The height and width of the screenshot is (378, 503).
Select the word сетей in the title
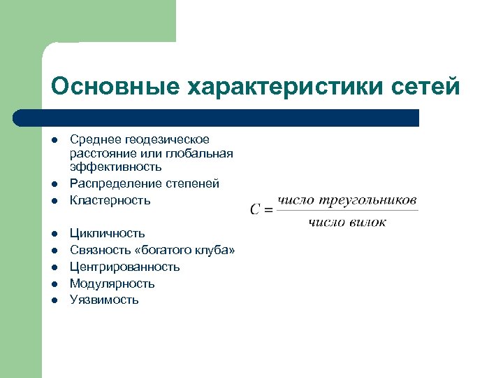click(x=425, y=87)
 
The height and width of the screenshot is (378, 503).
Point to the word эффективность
click(x=116, y=167)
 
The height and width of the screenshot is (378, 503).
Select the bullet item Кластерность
click(x=110, y=200)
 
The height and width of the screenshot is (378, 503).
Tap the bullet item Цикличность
click(x=107, y=233)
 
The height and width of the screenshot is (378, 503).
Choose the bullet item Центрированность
click(x=124, y=267)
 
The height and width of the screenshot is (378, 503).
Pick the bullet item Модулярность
click(x=112, y=283)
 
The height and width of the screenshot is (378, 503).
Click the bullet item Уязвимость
click(x=104, y=300)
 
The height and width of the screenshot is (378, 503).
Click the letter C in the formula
click(x=256, y=209)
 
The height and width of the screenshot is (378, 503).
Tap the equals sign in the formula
click(x=268, y=209)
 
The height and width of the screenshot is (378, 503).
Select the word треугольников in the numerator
click(x=369, y=200)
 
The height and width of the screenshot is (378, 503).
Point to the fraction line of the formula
click(x=347, y=211)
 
